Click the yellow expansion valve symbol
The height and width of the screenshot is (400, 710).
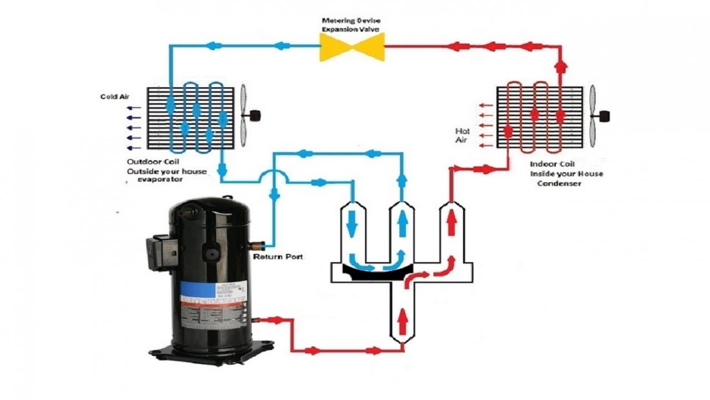point(352,46)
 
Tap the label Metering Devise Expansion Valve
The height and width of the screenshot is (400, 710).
point(352,24)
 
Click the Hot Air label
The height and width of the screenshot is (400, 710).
point(463,136)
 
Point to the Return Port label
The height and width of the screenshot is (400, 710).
point(278,257)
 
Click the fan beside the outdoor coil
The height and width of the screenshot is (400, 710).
point(244,116)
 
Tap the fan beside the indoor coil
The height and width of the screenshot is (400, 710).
point(593,116)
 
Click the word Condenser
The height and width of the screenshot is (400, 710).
point(559,183)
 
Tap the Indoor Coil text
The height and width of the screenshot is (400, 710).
point(552,164)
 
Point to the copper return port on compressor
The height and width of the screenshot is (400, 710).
point(257,244)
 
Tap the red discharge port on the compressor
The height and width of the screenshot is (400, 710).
point(261,319)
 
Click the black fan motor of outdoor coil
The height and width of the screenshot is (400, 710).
point(255,116)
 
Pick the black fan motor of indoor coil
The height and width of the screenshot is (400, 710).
point(605,116)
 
